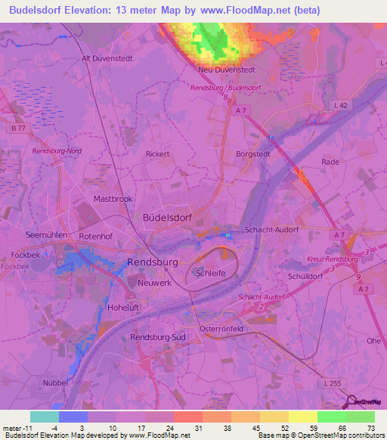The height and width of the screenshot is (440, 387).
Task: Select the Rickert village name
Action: coord(157,153)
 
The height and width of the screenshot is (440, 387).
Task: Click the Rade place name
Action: coord(330,162)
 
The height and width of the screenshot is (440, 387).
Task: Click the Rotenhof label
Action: coord(94,235)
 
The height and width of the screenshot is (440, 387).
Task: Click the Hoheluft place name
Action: coord(125,308)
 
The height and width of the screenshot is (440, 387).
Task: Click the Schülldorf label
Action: coord(305,277)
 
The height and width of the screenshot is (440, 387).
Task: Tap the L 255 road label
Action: coord(332,384)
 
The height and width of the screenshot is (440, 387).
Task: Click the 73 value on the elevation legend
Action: coord(371,427)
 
